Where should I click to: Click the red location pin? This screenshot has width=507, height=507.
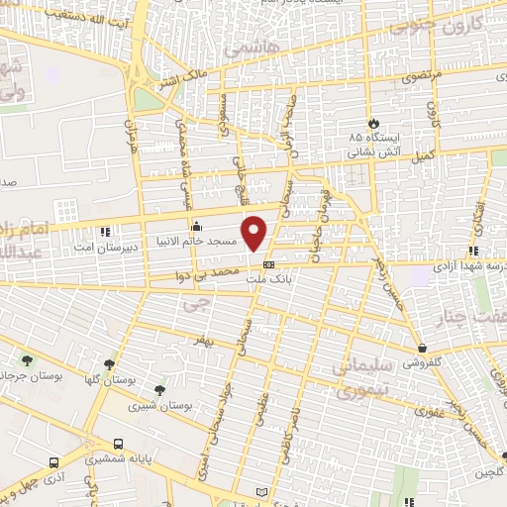pyautogui.click(x=255, y=233)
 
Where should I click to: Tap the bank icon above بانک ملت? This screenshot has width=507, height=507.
pyautogui.click(x=268, y=265)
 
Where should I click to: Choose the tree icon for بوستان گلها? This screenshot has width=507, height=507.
pyautogui.click(x=109, y=364)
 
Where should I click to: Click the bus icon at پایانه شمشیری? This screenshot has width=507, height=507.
pyautogui.click(x=119, y=444)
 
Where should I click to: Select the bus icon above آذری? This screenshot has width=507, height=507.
pyautogui.click(x=53, y=461)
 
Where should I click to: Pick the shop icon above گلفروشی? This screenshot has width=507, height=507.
pyautogui.click(x=423, y=349)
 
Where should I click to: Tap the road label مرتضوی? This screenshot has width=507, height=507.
pyautogui.click(x=420, y=77)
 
